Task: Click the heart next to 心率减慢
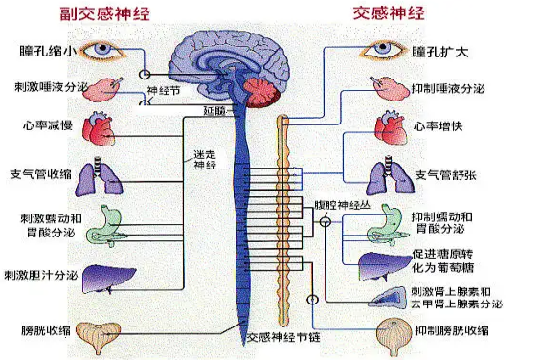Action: coord(98,127)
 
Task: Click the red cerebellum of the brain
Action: coord(259,92)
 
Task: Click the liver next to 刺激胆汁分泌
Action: coord(101,278)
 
